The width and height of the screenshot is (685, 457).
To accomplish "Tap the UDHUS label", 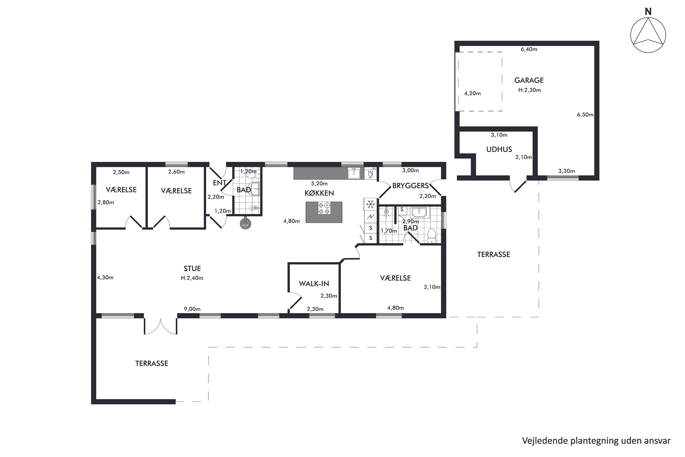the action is [x=499, y=149].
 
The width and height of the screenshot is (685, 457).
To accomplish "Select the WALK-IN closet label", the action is [x=314, y=284].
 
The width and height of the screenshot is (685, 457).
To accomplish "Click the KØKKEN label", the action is [x=319, y=193].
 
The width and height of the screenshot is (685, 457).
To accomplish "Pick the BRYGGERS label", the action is [x=410, y=186].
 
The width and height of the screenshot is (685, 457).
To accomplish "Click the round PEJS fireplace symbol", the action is [x=245, y=224].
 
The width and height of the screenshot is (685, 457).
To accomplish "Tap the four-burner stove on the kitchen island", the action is [x=324, y=208].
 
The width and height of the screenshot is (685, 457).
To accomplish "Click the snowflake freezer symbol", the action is [x=370, y=204].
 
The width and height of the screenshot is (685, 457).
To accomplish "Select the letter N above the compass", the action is [x=648, y=12].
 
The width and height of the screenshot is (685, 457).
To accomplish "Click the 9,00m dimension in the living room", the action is [x=192, y=309].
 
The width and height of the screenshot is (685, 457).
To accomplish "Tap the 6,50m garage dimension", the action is [x=585, y=114].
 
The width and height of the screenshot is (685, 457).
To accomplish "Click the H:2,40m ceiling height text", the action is [x=192, y=278].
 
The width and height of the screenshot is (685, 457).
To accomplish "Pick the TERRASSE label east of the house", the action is [x=494, y=255].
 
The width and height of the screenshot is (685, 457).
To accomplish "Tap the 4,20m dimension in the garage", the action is [x=472, y=93].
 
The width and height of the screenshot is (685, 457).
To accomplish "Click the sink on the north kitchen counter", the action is [x=354, y=173].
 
